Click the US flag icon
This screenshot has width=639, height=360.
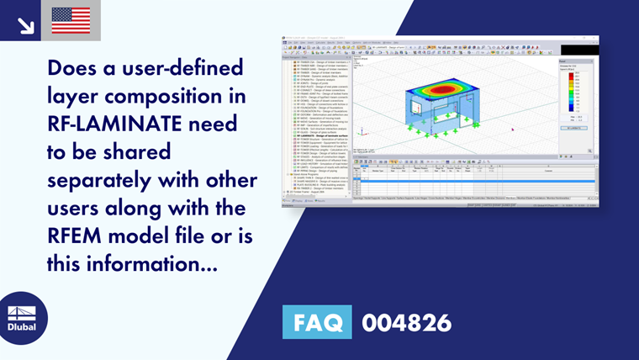click(71, 20)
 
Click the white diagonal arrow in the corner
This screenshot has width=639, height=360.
click(25, 26)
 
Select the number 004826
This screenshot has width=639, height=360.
click(406, 323)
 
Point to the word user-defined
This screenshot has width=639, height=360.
click(178, 68)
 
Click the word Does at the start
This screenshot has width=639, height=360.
click(74, 68)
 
